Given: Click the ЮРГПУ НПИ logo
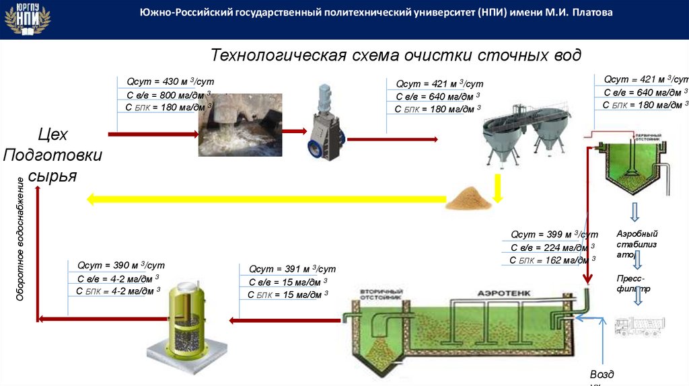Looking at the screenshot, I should pyautogui.click(x=27, y=19).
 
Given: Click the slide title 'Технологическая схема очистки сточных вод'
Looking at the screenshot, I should pyautogui.click(x=396, y=55).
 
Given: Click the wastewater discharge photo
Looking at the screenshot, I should pyautogui.click(x=239, y=125).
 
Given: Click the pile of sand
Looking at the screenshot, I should pyautogui.click(x=468, y=197).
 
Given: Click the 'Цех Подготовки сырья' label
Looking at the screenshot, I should pyautogui.click(x=52, y=155).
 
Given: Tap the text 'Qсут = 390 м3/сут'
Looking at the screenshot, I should pyautogui.click(x=120, y=265).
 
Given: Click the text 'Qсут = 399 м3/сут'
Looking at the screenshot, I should pyautogui.click(x=554, y=235).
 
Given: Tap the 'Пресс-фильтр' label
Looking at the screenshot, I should pyautogui.click(x=632, y=283).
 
